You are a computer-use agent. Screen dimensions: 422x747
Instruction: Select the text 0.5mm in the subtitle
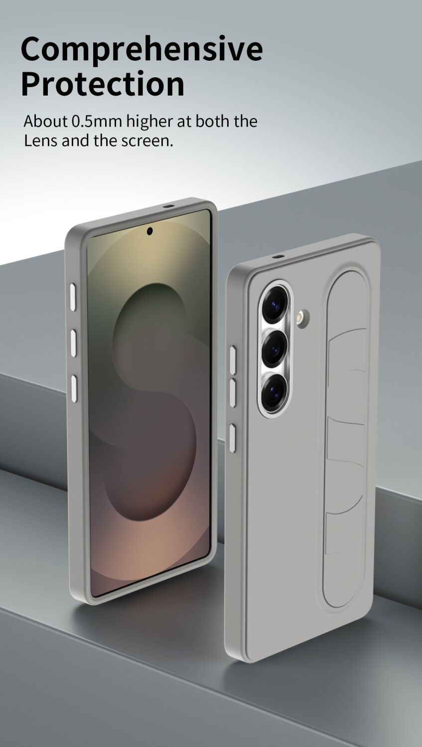(x=97, y=121)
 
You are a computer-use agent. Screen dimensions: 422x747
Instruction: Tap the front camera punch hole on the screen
(x=150, y=231)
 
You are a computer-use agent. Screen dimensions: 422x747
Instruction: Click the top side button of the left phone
(x=73, y=298)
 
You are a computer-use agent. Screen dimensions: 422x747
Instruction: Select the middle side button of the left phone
(x=73, y=343)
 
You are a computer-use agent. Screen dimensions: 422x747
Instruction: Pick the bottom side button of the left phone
(x=74, y=387)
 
